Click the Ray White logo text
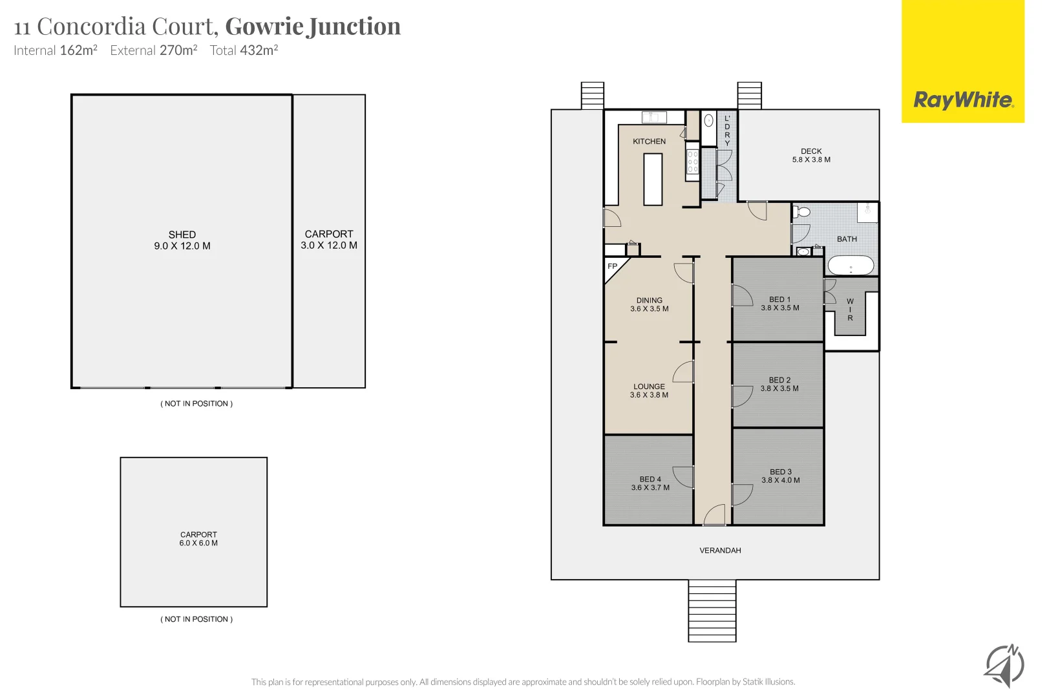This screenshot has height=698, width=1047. tap(963, 100)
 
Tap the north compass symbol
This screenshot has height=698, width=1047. tap(1004, 665)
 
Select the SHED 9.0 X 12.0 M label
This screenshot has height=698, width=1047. tap(182, 240)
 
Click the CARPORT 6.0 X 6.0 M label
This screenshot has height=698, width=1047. tap(198, 539)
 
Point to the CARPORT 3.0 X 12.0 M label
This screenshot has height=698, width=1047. tap(329, 240)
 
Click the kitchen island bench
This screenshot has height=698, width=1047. tap(653, 179)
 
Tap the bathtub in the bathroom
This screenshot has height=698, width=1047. tap(851, 265)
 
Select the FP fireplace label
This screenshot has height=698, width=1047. tap(612, 266)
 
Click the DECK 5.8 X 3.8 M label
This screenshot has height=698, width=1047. tap(811, 156)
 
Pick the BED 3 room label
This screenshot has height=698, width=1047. tap(781, 476)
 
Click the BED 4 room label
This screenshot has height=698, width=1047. tap(650, 483)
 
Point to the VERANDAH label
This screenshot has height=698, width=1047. tap(720, 551)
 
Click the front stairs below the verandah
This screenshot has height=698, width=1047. tap(712, 610)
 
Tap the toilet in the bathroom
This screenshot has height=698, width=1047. tap(802, 212)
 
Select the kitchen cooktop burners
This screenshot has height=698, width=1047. tap(692, 162)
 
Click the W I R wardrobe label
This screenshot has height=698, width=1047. tap(850, 310)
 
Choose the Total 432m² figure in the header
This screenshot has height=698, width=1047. tap(244, 50)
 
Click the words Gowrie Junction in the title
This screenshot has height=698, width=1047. tap(313, 26)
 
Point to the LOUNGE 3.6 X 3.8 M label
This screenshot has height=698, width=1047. tap(649, 391)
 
